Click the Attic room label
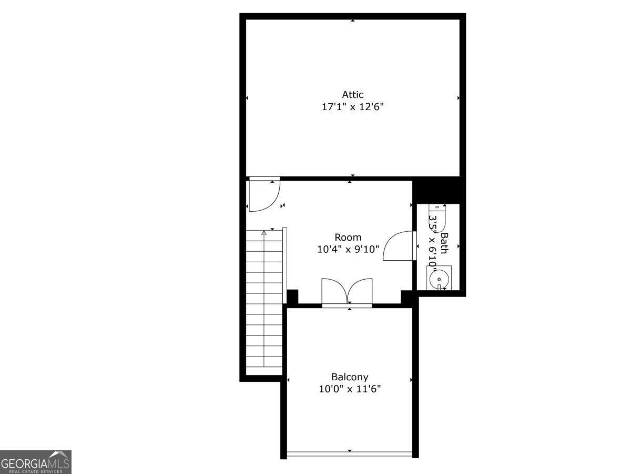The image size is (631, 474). (x=353, y=95)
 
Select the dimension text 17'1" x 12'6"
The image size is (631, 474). (x=353, y=107)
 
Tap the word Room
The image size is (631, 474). (x=348, y=238)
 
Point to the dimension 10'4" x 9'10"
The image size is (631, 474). (x=348, y=249)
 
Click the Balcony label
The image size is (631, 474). (x=350, y=377)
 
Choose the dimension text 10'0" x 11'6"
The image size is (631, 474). (x=350, y=389)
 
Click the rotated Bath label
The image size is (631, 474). (x=444, y=243)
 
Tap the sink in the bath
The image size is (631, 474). (x=438, y=278)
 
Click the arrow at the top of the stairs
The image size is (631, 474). (x=264, y=232)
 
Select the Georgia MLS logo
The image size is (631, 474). (x=36, y=462)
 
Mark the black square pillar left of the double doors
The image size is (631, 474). (x=292, y=296)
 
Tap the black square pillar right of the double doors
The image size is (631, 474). (x=407, y=297)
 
